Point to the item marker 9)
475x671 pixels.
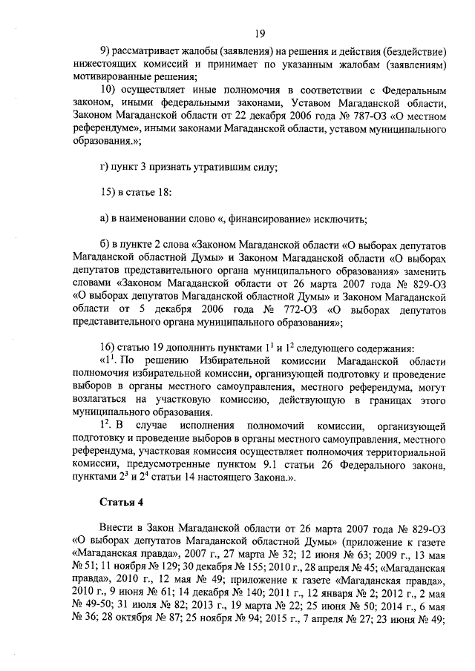pos(108,51)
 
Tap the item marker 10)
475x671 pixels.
pos(109,90)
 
